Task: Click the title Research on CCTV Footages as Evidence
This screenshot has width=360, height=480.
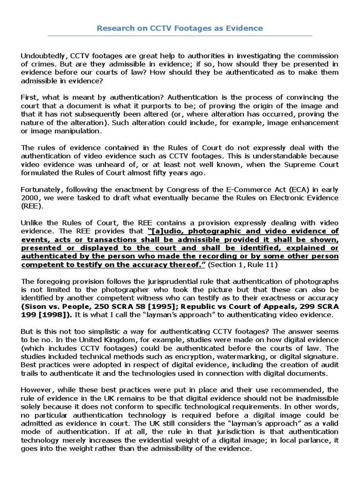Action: [180, 28]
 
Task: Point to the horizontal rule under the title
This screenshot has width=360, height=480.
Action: [180, 36]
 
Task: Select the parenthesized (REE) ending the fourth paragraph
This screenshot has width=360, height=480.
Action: [31, 206]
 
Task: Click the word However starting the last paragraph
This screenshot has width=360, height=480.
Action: [37, 390]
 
